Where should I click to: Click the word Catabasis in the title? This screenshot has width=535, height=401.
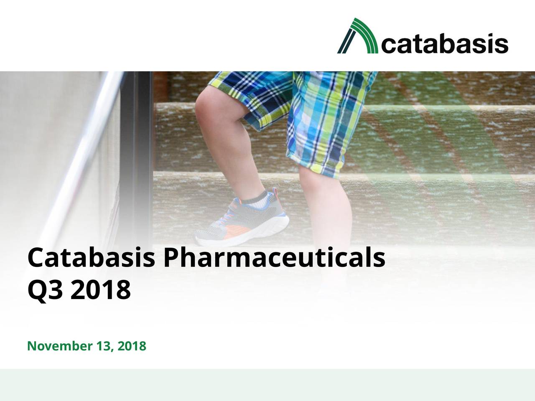point(92,259)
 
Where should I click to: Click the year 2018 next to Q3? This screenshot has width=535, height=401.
point(100,290)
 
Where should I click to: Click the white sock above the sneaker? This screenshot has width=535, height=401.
point(257,200)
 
